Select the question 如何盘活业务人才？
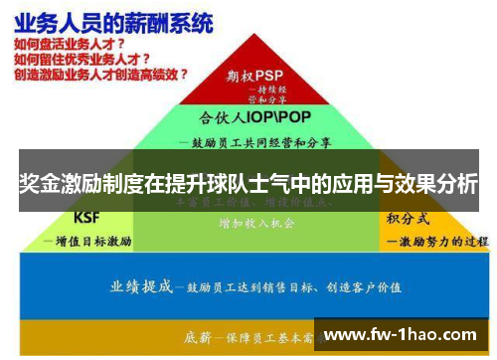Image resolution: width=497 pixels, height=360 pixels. (70, 45)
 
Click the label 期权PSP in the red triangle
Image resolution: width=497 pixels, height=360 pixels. (255, 74)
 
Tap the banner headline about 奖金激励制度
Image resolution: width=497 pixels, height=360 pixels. (248, 184)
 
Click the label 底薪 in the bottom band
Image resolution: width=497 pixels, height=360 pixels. (199, 338)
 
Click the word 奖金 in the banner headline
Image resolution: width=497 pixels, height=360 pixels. (42, 184)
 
